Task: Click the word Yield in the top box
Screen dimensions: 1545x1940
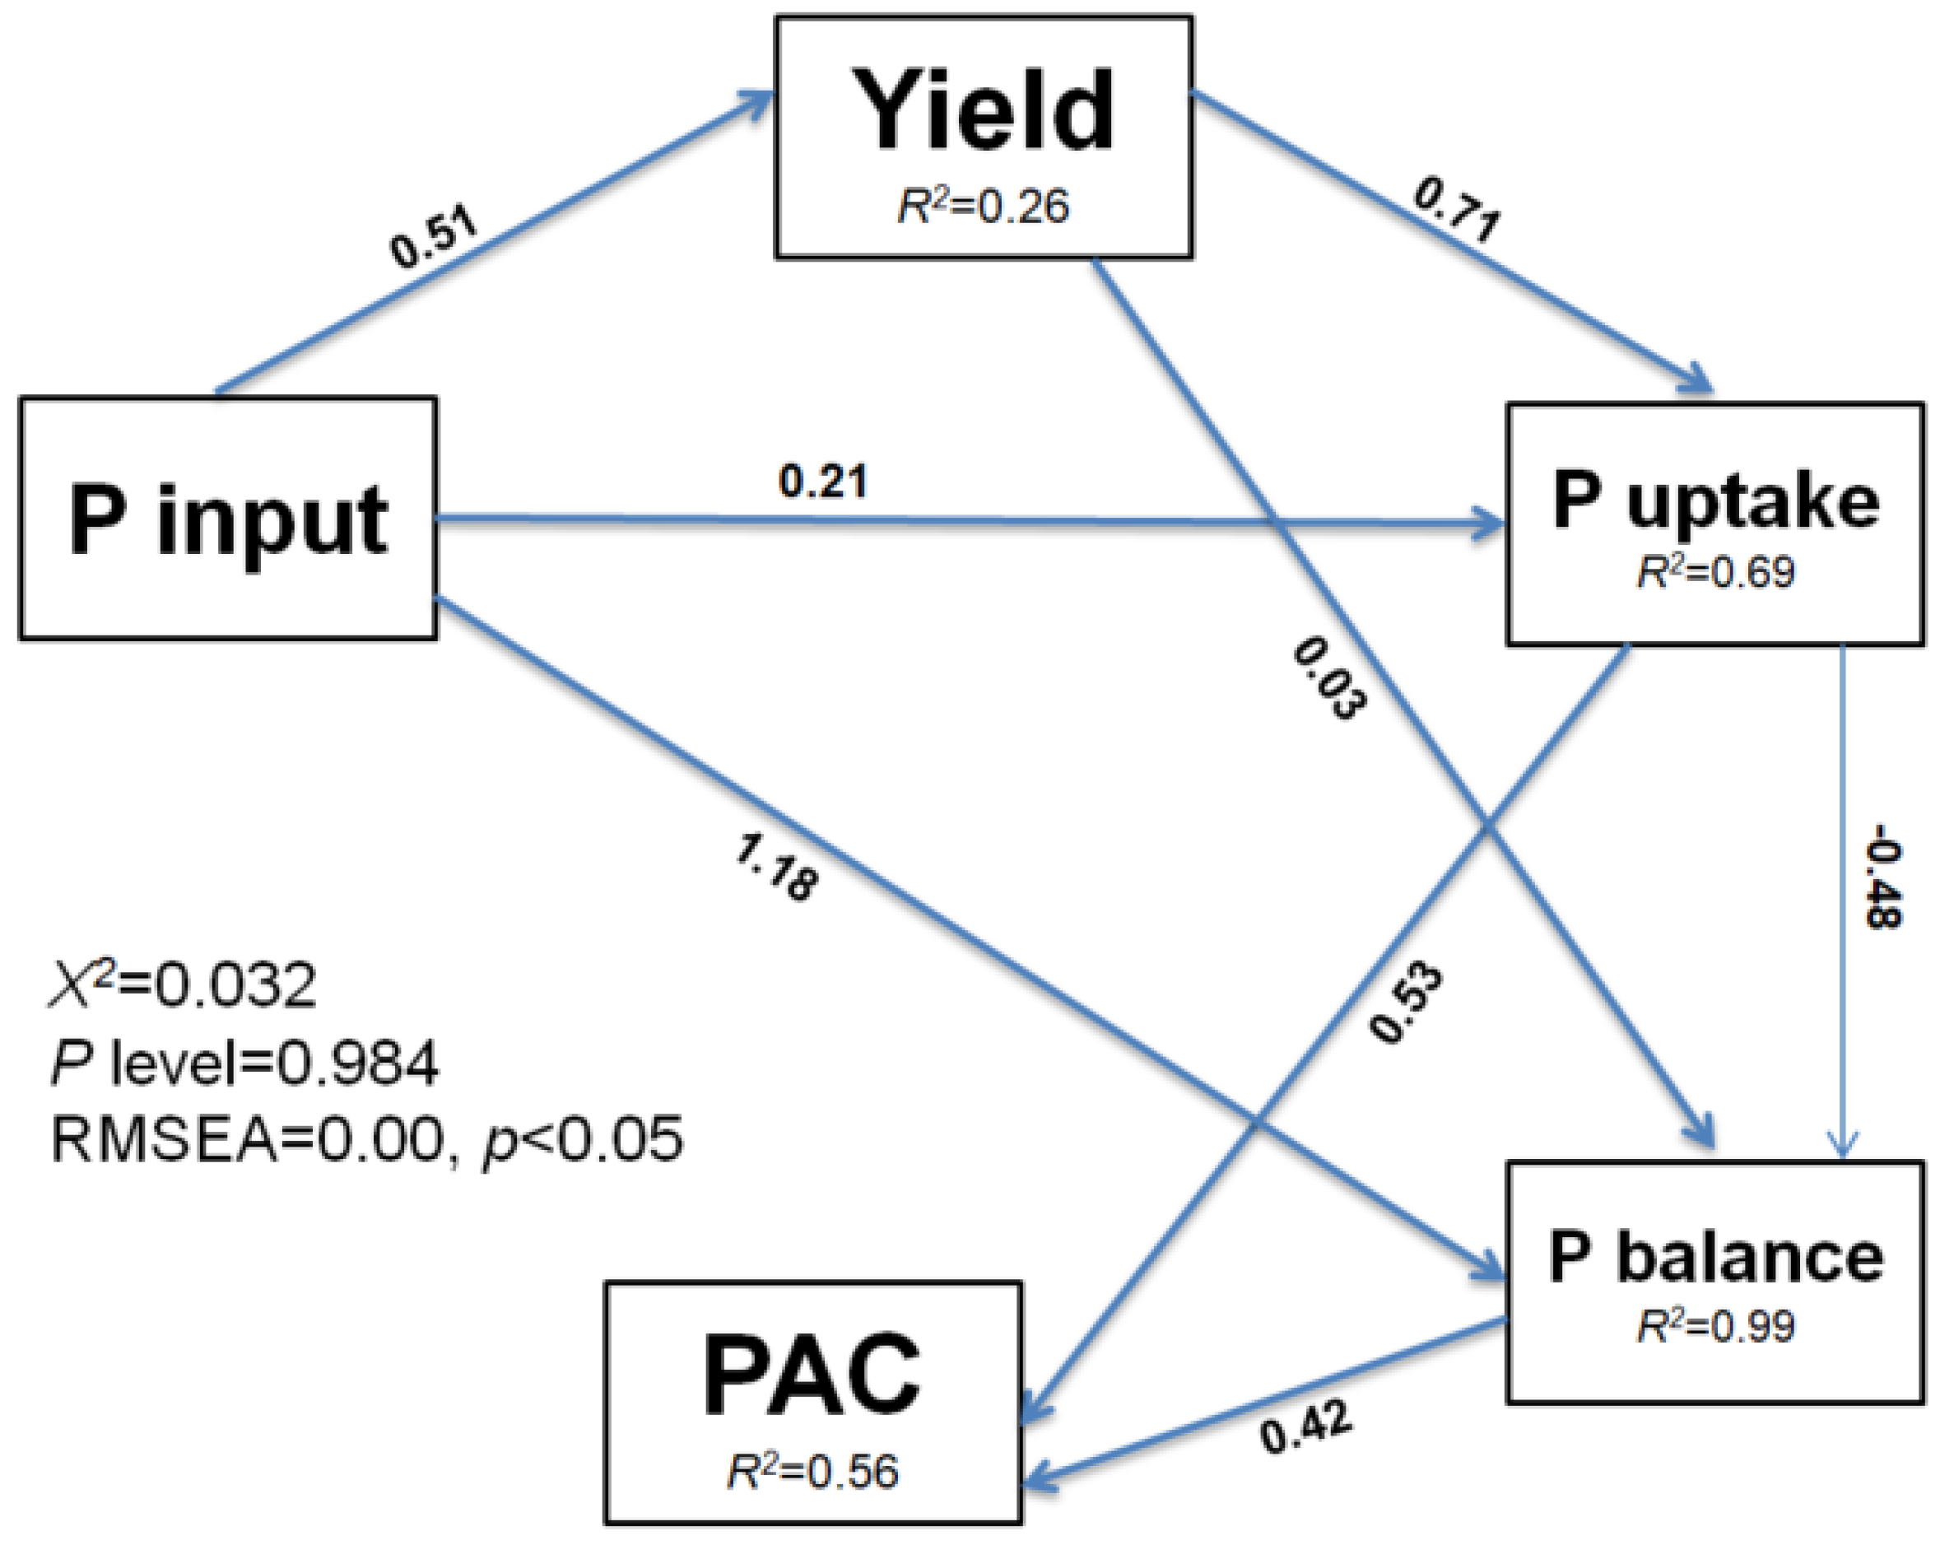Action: point(984,112)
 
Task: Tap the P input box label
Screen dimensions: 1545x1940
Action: point(229,520)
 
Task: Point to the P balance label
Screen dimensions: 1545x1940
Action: point(1716,1257)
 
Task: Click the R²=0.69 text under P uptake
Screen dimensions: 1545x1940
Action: point(1716,573)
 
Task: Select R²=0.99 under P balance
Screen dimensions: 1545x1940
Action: point(1716,1326)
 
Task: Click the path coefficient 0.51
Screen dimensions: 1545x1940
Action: point(435,240)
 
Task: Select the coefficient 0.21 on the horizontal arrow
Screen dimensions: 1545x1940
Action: point(822,482)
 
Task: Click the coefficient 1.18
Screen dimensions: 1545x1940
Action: point(776,868)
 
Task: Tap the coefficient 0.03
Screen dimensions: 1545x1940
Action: point(1329,678)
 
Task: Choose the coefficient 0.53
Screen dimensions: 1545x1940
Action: point(1406,1003)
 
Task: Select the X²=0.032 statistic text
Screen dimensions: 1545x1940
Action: point(183,985)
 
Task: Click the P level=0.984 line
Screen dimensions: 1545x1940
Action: point(244,1063)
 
